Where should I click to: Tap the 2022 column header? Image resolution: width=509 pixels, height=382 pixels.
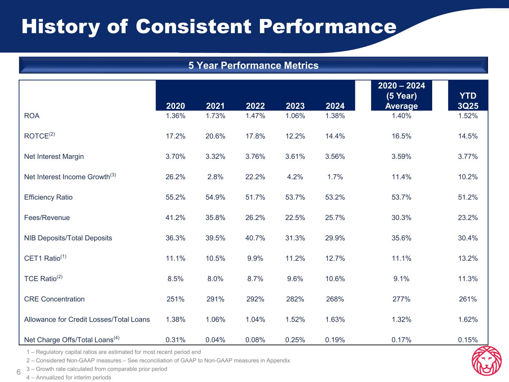click(x=255, y=106)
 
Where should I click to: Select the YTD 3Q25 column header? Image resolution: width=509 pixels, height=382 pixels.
click(x=468, y=101)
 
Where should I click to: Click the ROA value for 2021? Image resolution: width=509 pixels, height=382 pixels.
click(x=216, y=116)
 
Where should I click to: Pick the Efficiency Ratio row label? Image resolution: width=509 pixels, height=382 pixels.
click(x=48, y=197)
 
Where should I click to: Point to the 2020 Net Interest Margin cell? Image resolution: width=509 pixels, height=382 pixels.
click(x=176, y=157)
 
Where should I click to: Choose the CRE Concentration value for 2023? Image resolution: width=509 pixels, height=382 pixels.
click(x=295, y=299)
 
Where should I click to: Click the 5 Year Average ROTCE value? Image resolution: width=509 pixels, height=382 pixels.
click(x=401, y=136)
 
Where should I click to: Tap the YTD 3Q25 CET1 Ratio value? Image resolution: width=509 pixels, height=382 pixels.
click(x=468, y=259)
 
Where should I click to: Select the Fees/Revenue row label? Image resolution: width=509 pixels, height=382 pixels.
click(x=47, y=218)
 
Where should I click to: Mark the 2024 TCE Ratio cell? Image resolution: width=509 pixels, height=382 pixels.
click(x=335, y=279)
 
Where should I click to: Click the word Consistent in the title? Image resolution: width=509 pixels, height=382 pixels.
click(x=194, y=27)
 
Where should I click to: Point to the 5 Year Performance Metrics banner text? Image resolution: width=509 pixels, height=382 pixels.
click(x=254, y=66)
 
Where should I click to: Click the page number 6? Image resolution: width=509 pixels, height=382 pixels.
click(x=18, y=372)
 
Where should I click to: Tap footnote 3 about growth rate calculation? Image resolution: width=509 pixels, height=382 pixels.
click(x=97, y=369)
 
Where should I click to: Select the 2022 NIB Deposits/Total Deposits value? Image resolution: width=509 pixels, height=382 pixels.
click(x=255, y=238)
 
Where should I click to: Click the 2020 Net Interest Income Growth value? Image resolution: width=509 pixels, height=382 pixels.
click(x=176, y=177)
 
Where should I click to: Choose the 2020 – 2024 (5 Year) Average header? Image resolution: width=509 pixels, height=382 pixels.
click(x=401, y=96)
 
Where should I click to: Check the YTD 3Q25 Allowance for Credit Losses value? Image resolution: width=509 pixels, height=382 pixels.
click(x=468, y=320)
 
